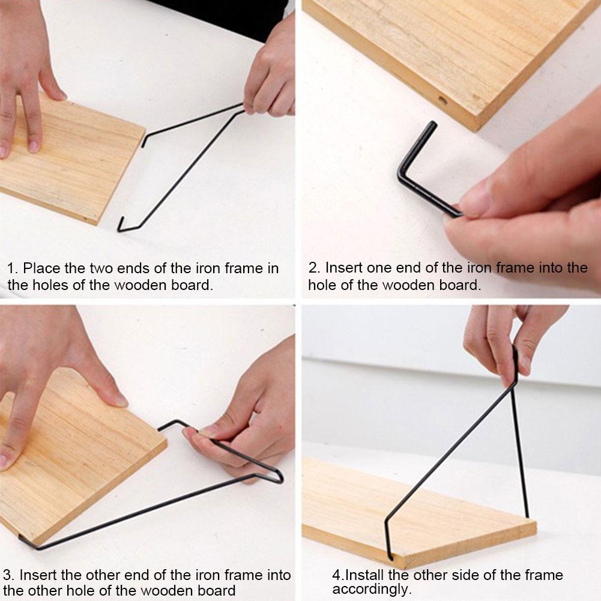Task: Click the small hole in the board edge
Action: click(x=442, y=101)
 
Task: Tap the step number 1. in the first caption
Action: click(x=12, y=268)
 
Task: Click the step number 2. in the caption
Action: click(x=314, y=268)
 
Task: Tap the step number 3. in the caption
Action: click(x=9, y=575)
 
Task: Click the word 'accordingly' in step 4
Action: click(x=369, y=589)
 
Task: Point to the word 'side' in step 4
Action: click(x=467, y=575)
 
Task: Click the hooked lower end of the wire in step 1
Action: click(x=122, y=225)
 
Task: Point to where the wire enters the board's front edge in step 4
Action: click(x=390, y=557)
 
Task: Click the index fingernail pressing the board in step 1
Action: click(x=33, y=146)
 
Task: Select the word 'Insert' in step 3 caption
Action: click(x=37, y=575)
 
